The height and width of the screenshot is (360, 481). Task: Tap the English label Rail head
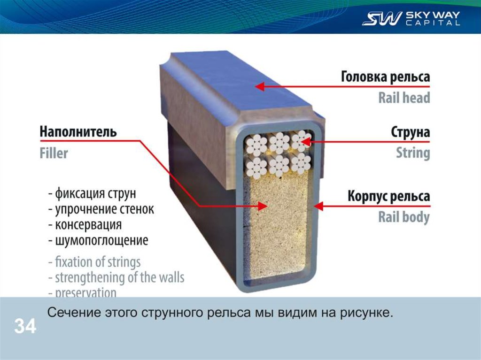[x=404, y=98]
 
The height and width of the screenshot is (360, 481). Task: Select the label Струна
[x=410, y=132]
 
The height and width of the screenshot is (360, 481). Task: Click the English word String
[x=412, y=153]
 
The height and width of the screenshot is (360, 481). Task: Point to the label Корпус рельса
[x=388, y=196]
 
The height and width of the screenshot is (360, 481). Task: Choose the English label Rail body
[x=403, y=217]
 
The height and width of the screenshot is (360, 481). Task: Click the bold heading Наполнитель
[x=78, y=131]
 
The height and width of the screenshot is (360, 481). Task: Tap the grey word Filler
[x=54, y=153]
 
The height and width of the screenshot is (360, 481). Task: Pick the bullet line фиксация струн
[x=93, y=193]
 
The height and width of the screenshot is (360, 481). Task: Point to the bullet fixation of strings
[x=94, y=261]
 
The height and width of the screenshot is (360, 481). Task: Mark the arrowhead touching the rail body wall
[x=317, y=206]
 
